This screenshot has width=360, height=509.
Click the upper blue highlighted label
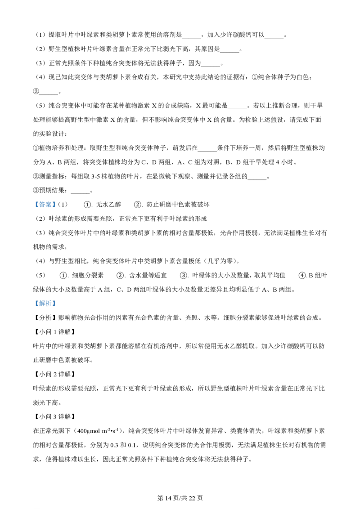point(45,205)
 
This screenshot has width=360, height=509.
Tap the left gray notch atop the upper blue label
point(41,199)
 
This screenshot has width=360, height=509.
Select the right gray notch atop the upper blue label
point(48,199)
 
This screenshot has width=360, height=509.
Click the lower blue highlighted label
point(45,304)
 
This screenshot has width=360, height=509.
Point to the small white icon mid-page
point(128,275)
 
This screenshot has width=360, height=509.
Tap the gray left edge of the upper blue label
point(34,205)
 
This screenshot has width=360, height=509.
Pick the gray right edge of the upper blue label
point(56,205)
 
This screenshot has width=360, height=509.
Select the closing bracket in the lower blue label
point(54,304)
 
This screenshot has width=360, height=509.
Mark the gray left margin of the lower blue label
point(34,304)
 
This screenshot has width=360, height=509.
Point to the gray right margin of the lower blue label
point(56,304)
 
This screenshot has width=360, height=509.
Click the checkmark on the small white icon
point(130,275)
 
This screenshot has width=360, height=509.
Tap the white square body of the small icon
point(127,275)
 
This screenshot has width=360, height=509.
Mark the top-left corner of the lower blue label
point(33,299)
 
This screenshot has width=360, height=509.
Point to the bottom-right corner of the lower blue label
point(57,308)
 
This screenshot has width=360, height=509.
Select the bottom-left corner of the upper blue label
point(33,208)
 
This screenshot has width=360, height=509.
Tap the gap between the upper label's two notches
point(45,200)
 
